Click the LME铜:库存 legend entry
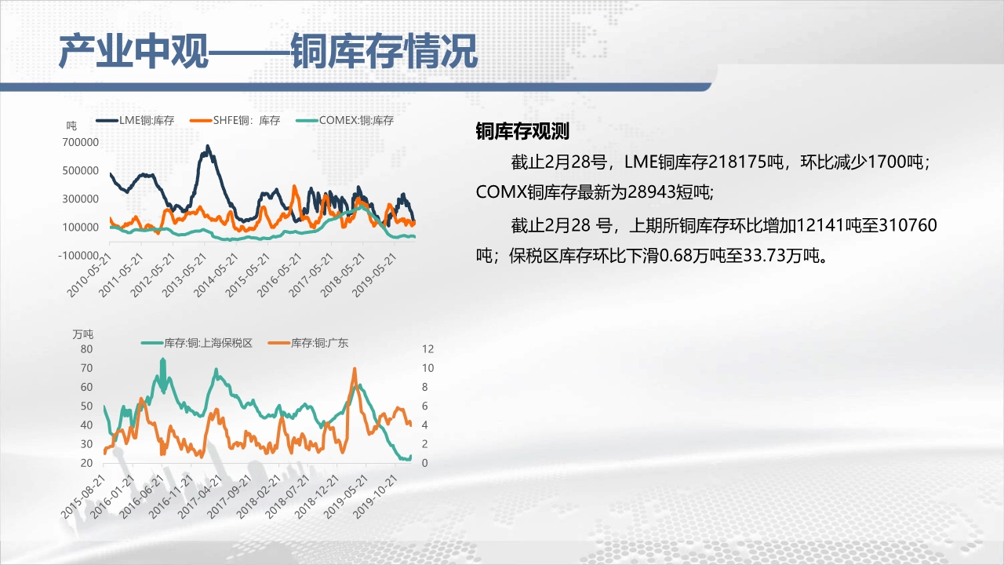[x=135, y=120]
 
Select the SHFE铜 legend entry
[x=235, y=120]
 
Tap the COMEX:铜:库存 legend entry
[x=344, y=120]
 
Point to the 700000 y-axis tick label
[x=81, y=142]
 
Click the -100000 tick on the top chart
[x=78, y=256]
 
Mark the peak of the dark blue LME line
[x=208, y=145]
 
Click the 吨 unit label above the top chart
[x=71, y=126]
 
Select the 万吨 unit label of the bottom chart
[x=83, y=334]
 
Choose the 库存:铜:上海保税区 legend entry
[x=197, y=343]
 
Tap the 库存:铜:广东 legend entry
[x=308, y=343]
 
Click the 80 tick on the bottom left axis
[x=86, y=349]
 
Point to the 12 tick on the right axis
[x=428, y=349]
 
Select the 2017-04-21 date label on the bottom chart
[x=200, y=497]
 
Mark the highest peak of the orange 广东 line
[x=355, y=369]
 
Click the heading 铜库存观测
[x=522, y=131]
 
